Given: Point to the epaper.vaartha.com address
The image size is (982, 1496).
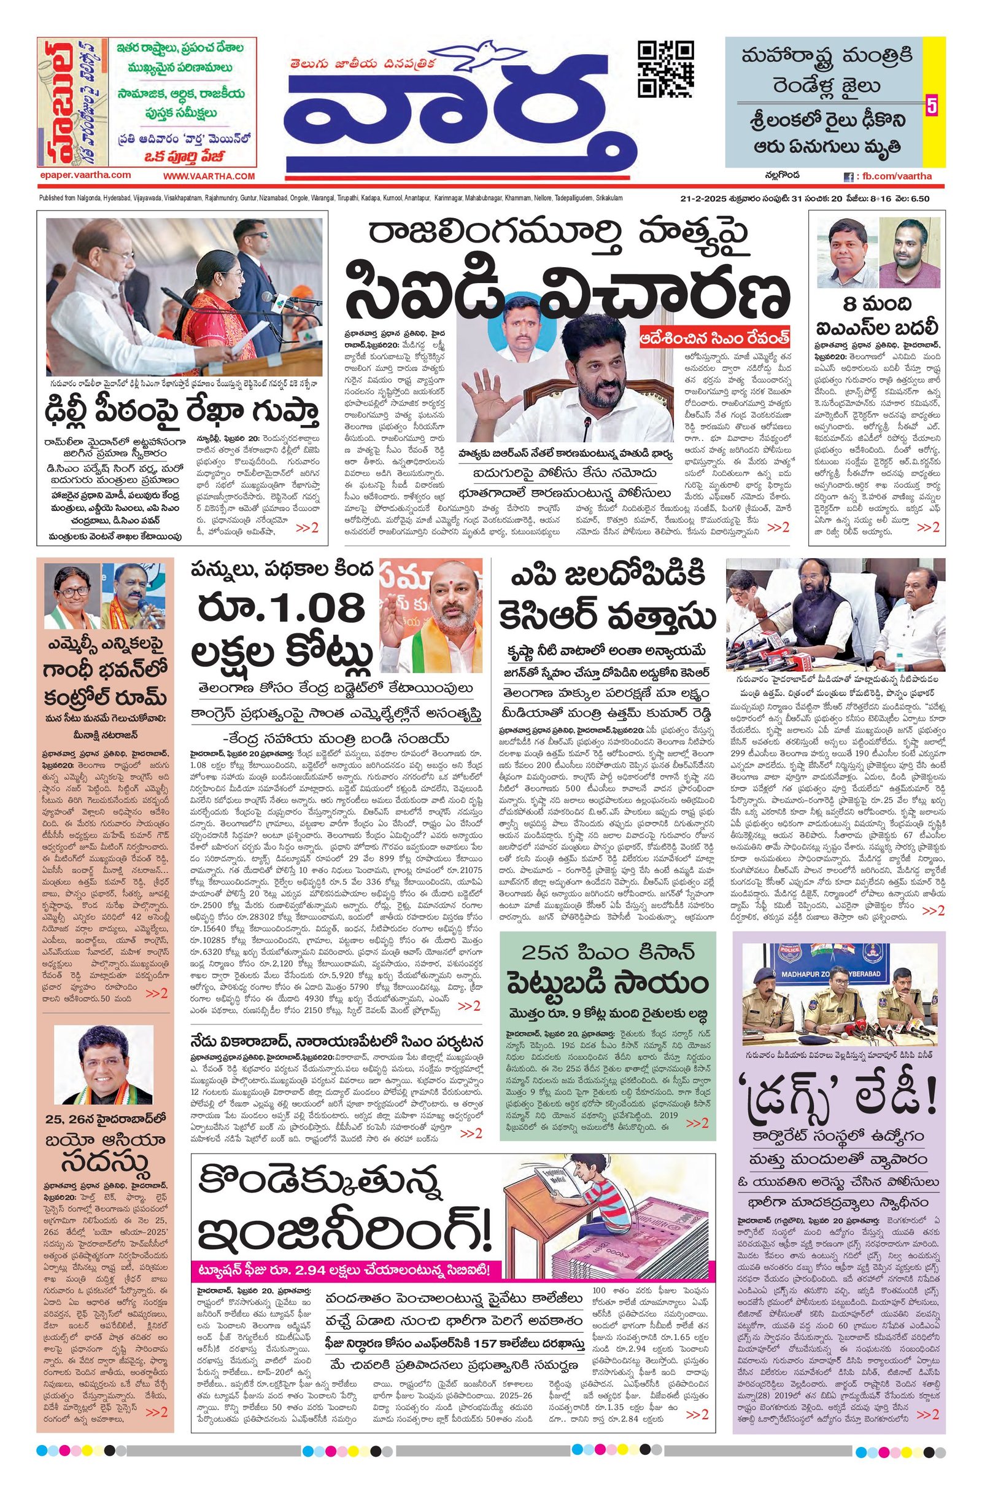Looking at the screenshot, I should [x=84, y=176].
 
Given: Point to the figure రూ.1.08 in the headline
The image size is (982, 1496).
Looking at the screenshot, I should [x=282, y=610].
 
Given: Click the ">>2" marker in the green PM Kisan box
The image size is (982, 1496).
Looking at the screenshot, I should [x=697, y=1123].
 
